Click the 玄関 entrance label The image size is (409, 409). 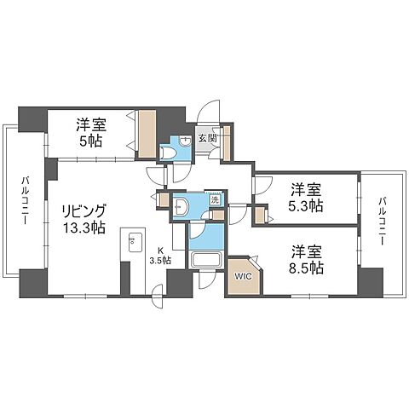click(208, 138)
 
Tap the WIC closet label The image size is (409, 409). click(244, 276)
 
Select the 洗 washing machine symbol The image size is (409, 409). click(215, 199)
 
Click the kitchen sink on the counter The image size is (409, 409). click(135, 242)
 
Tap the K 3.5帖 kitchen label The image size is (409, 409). click(161, 256)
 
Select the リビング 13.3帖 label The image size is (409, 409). click(84, 219)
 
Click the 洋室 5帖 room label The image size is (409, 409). click(91, 133)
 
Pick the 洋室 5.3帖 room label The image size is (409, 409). click(306, 198)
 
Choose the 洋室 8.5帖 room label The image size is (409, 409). click(306, 260)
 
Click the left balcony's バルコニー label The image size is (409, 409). click(26, 200)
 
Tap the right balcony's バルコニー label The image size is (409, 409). click(382, 222)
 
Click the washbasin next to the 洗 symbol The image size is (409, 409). click(181, 206)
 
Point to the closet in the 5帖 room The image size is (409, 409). click(147, 134)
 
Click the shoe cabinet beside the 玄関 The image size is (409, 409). click(227, 142)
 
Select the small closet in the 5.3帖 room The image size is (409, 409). click(260, 216)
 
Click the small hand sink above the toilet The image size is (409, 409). click(186, 141)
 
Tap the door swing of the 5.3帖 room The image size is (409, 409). click(263, 185)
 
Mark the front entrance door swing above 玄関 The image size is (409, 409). click(209, 112)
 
